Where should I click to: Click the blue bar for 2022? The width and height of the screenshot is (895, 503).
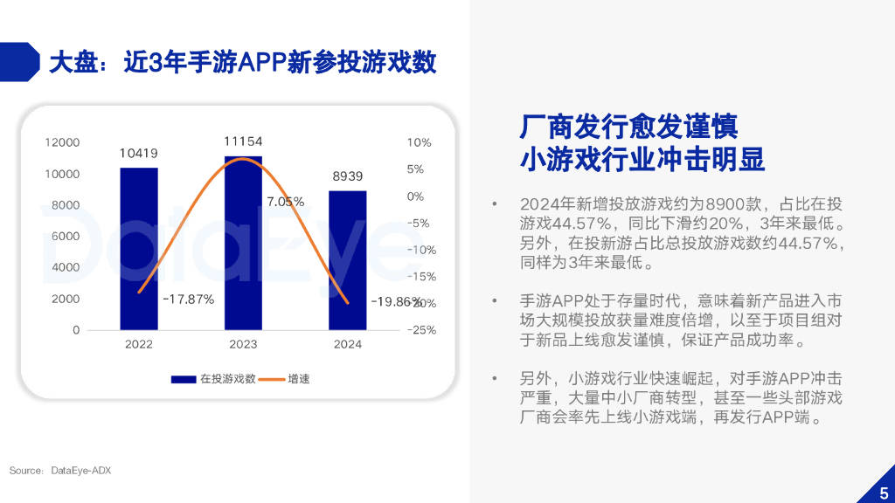(x=139, y=249)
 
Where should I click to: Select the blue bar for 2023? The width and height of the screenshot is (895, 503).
(x=243, y=245)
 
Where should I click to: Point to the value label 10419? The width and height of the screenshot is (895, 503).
(x=139, y=154)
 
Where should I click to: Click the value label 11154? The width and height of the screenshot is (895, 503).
(x=243, y=141)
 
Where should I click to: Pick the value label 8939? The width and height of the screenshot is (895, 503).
(x=347, y=176)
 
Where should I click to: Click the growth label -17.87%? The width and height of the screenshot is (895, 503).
(x=189, y=299)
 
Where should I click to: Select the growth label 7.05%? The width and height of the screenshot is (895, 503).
(x=286, y=202)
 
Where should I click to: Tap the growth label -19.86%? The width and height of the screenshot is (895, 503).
(x=396, y=302)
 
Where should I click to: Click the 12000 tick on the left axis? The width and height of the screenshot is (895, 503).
(x=63, y=142)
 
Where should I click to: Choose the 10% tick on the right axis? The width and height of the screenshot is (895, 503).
(x=420, y=142)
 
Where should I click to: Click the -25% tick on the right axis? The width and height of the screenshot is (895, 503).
(x=421, y=330)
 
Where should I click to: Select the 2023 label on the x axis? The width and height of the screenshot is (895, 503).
(x=243, y=344)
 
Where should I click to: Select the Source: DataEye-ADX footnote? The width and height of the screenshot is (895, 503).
(x=60, y=471)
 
